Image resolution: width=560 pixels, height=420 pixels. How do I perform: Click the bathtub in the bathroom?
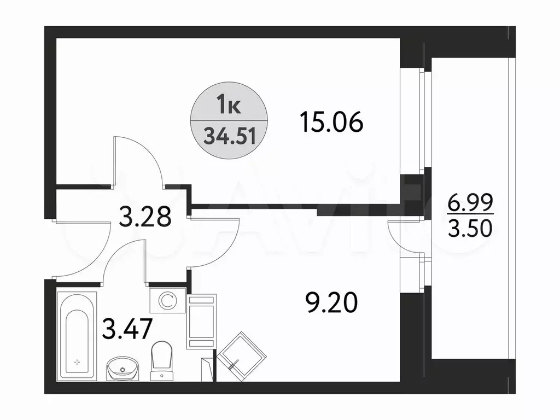point(77,335)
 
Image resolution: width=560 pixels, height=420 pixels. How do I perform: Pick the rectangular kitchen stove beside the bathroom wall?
point(202,320)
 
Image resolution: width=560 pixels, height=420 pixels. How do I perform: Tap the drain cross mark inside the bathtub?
point(77,361)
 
